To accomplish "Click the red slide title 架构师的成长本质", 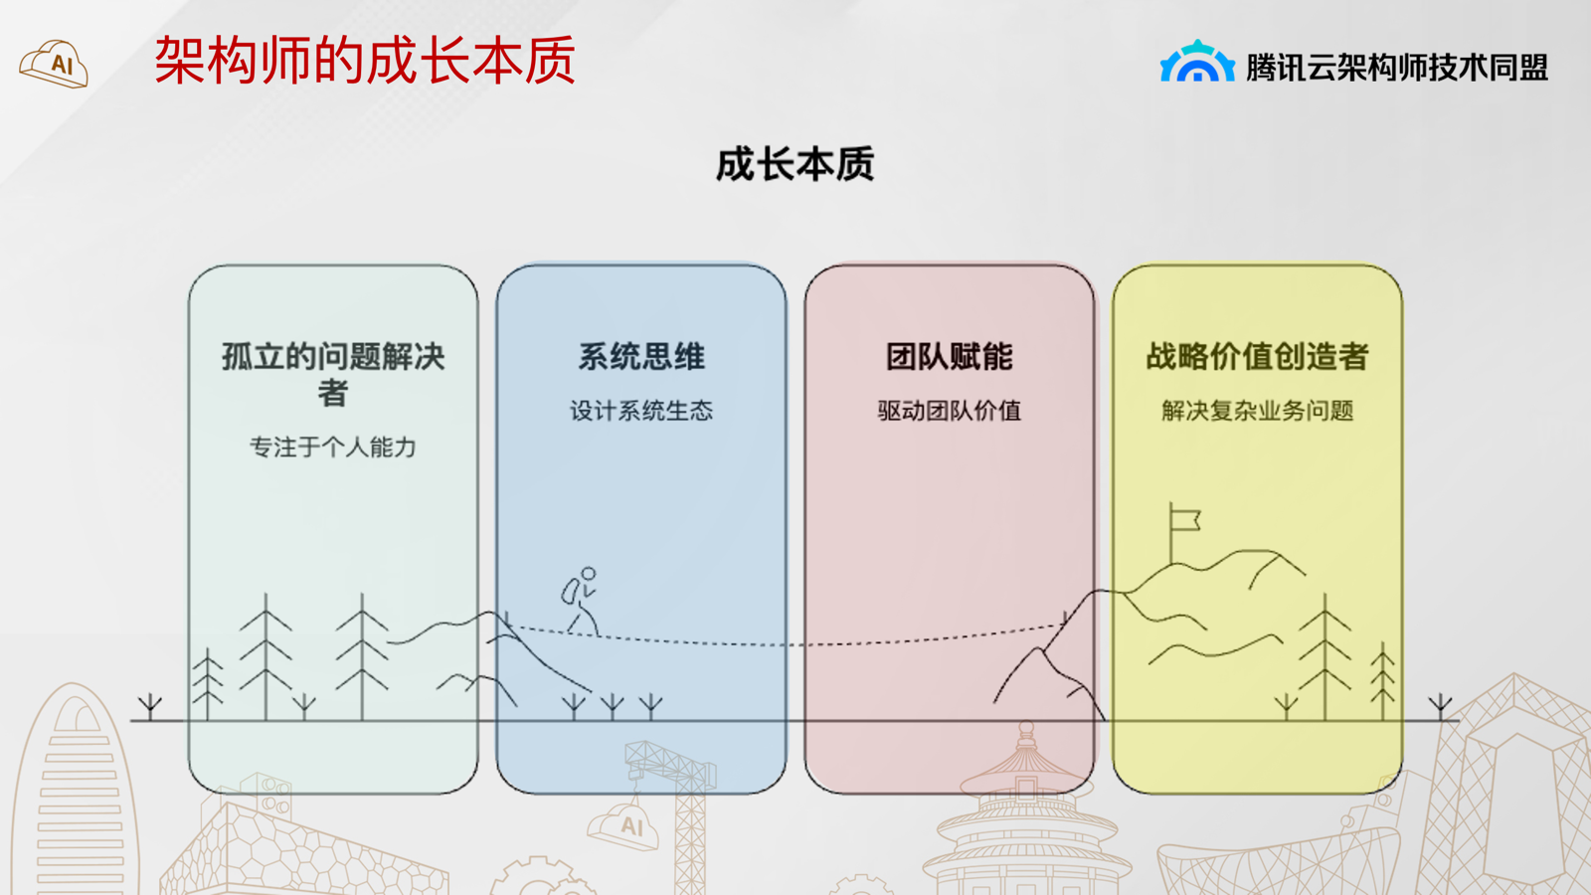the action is (x=364, y=61).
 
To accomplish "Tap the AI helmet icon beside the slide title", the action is (x=54, y=64).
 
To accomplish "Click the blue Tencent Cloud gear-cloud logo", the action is (x=1197, y=61).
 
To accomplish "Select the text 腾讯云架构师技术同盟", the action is (x=1396, y=68).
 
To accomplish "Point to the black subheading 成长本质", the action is (x=795, y=165).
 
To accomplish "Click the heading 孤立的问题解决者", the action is (x=333, y=374).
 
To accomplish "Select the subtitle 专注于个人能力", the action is (x=333, y=447).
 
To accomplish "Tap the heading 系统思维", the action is (x=641, y=357).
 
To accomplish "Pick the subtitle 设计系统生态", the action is (x=641, y=411).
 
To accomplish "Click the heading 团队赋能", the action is (x=949, y=357).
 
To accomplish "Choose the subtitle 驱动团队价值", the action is (x=949, y=411).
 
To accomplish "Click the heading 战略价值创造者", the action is (x=1257, y=357).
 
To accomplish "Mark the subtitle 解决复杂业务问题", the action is (x=1257, y=411).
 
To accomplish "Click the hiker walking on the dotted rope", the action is (x=581, y=601).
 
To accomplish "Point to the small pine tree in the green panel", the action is (x=208, y=685).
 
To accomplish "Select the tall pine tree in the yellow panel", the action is (x=1326, y=657).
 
